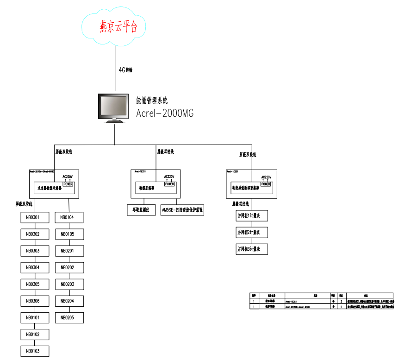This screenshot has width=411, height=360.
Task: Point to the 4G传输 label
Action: [x=126, y=70]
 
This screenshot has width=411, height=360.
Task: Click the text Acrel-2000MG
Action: [x=165, y=113]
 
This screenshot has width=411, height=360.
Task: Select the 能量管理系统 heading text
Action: [x=152, y=100]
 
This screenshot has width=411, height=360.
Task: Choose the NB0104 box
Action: [x=69, y=217]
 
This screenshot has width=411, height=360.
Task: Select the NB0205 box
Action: [x=69, y=318]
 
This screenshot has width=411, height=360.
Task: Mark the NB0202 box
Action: [x=69, y=267]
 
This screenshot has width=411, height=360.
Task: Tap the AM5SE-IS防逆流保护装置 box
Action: [x=182, y=210]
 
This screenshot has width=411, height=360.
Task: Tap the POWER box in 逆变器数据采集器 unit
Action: [x=68, y=184]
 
